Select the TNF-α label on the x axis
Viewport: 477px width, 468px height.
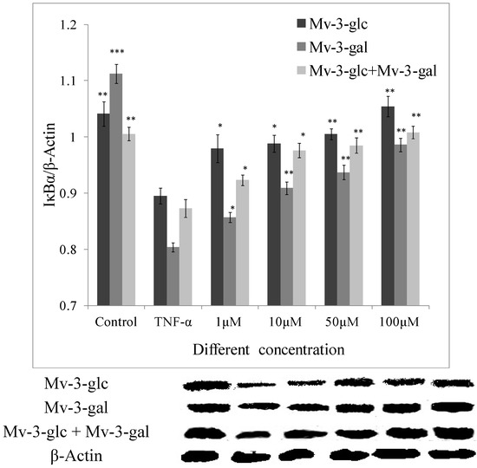pos(173,323)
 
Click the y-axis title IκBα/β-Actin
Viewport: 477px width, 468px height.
pos(36,165)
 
